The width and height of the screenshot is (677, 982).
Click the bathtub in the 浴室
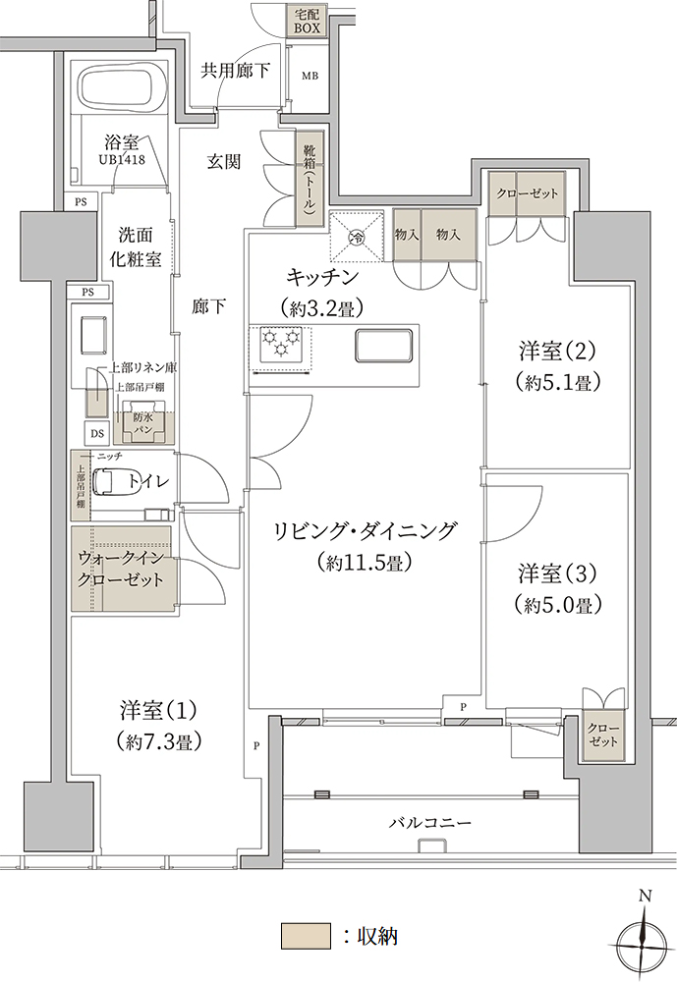point(120,89)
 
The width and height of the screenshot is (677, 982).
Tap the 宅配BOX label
point(308,21)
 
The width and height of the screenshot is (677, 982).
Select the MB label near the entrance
point(310,76)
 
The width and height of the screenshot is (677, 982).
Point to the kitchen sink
point(383,345)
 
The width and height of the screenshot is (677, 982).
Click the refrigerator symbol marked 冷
point(356,237)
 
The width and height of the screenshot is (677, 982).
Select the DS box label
point(97,433)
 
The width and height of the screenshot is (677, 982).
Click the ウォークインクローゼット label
point(120,569)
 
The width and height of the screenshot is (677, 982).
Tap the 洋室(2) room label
point(557,352)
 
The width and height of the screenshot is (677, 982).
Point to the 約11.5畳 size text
point(365,562)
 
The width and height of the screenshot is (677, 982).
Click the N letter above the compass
point(645,897)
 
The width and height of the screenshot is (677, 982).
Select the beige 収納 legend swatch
point(306,936)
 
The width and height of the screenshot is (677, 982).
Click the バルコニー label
point(430,822)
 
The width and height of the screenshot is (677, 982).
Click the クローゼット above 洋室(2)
point(528,194)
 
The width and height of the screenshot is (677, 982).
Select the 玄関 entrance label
point(224,162)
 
